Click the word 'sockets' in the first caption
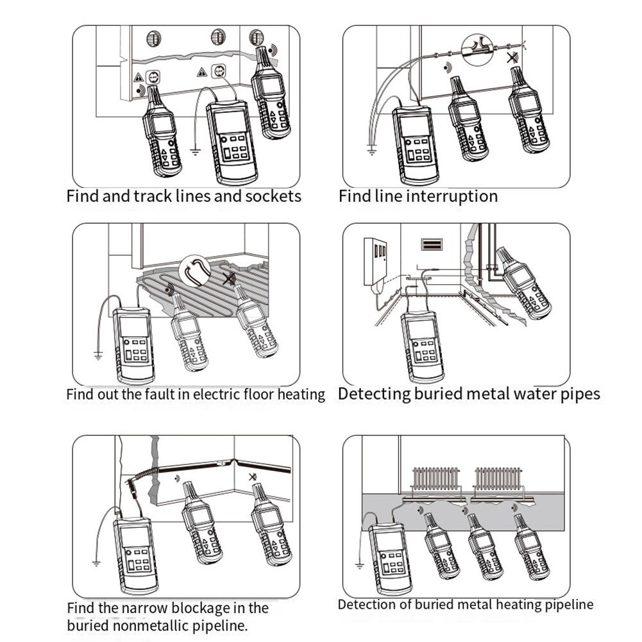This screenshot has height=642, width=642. [273, 196]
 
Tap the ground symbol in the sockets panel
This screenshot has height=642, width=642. [196, 152]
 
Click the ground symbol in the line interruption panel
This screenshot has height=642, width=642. [371, 151]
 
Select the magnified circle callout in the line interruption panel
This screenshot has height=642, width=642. [477, 50]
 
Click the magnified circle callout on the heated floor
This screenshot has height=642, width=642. [195, 271]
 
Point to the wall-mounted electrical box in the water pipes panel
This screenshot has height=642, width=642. [375, 262]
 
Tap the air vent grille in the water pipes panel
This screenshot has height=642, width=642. [432, 244]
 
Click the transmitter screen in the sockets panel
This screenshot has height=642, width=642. [231, 122]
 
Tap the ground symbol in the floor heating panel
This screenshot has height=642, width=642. [98, 356]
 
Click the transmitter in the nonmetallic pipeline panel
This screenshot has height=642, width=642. [135, 555]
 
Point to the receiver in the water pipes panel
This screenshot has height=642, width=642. [523, 282]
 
